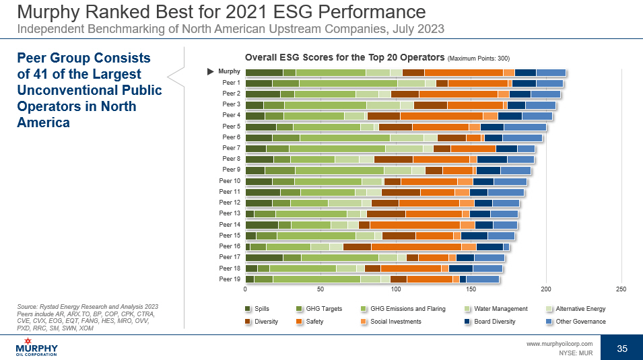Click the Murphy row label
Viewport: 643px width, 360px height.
click(230, 71)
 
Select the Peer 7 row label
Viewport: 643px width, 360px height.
click(231, 148)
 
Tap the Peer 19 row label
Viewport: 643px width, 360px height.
click(230, 279)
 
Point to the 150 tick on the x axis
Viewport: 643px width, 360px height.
click(471, 289)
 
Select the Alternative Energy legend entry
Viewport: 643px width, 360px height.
click(580, 309)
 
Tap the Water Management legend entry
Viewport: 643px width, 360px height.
click(500, 309)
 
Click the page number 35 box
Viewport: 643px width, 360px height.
click(622, 349)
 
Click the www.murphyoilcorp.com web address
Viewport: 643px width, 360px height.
click(559, 343)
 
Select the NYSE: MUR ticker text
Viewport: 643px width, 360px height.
click(576, 352)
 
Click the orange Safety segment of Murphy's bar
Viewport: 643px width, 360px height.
click(463, 73)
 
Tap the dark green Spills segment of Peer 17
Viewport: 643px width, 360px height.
click(264, 257)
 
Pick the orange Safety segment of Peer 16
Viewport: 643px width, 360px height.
click(411, 246)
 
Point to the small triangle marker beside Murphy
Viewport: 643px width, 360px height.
click(211, 71)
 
